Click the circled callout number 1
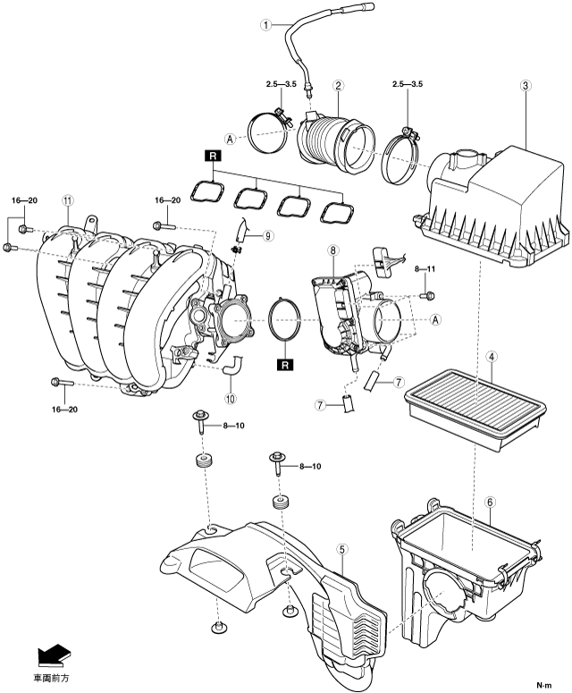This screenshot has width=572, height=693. point(266,25)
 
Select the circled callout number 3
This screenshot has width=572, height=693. point(526,85)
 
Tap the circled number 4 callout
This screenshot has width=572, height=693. point(491,356)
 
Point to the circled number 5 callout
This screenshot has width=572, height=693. point(342,549)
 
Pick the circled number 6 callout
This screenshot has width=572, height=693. point(490,503)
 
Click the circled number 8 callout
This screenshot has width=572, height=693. point(333,250)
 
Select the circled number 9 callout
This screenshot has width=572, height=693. point(267,235)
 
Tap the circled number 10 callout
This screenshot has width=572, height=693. point(230,398)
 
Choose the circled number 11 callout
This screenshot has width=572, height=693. point(67,200)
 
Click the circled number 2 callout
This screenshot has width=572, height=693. point(338,85)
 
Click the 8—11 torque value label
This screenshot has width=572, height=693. point(425,268)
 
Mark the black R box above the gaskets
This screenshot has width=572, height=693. point(213,156)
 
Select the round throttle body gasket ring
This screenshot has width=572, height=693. point(284,320)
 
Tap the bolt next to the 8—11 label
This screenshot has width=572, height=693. point(427,295)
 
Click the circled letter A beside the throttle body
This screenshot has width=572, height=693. point(435,319)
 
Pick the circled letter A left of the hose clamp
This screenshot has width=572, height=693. point(230,139)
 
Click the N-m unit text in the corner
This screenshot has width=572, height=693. point(543,685)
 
